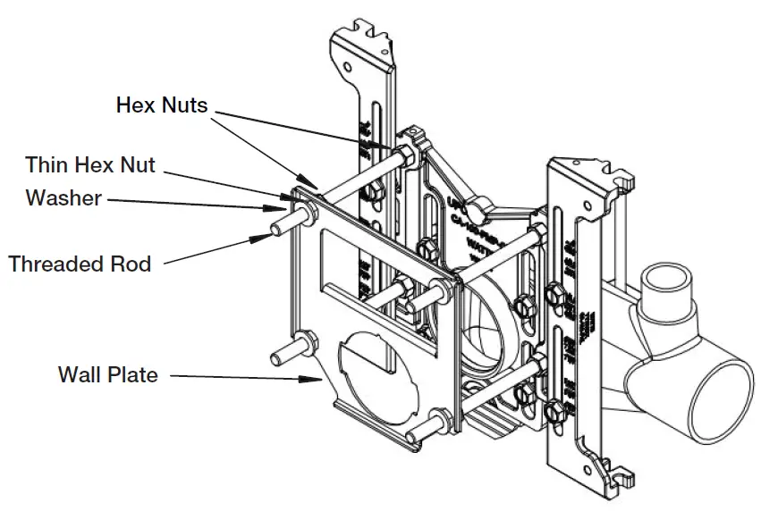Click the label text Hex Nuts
point(162,105)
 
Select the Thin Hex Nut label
point(89,164)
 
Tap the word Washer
point(63,197)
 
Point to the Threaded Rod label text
point(80,264)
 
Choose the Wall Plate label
point(108,374)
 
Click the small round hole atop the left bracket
point(345,65)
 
